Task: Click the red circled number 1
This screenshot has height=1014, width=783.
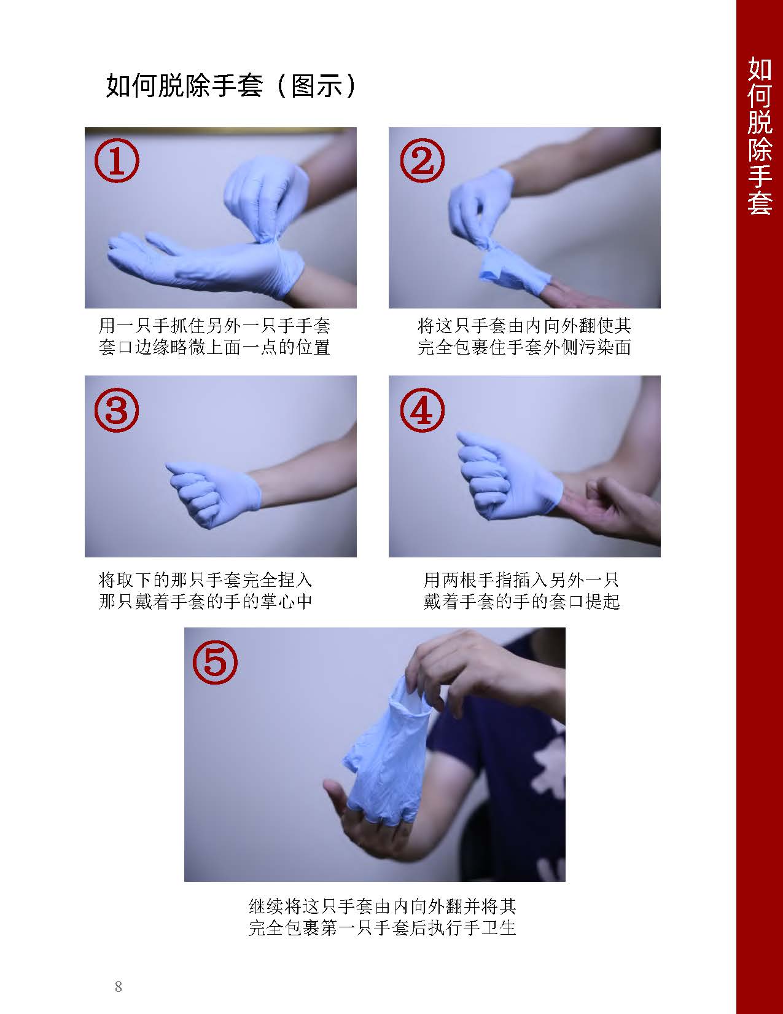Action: click(116, 160)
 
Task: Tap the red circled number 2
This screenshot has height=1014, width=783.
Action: click(421, 160)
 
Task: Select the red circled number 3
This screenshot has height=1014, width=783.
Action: click(116, 410)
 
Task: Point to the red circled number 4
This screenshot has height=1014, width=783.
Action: click(421, 410)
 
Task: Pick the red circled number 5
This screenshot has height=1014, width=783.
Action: click(214, 662)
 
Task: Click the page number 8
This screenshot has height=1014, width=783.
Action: click(119, 987)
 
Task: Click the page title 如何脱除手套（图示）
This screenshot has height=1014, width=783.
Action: click(232, 87)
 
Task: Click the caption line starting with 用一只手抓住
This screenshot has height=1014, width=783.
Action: click(214, 326)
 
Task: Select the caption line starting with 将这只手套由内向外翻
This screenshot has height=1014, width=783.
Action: click(524, 326)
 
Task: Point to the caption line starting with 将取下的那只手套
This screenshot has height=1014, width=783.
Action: click(206, 579)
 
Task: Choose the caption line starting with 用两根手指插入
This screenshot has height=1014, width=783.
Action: click(521, 579)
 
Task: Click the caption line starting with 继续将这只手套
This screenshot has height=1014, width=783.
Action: click(382, 905)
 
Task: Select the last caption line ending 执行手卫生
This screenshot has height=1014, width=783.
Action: click(382, 927)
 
